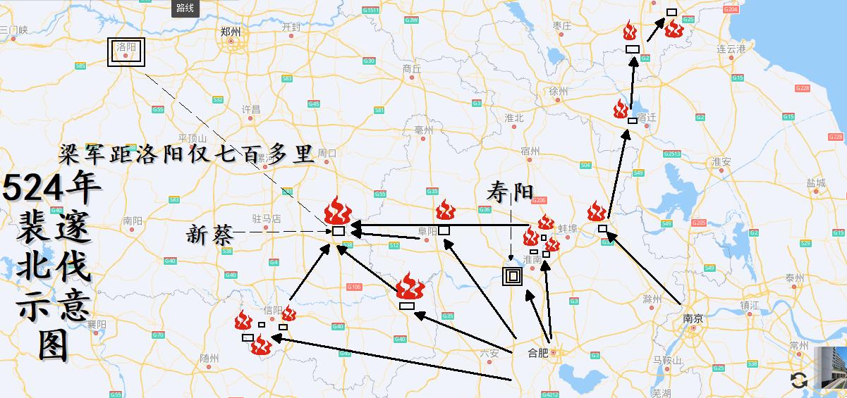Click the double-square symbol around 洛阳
pos(126,53)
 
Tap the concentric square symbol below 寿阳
pos(512,276)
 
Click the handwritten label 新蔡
pos(209,234)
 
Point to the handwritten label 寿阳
pos(511,191)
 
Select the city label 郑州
pos(230,32)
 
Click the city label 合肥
pos(538,352)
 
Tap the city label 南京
pos(693,318)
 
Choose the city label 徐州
pos(558,92)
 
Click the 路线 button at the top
pos(185,8)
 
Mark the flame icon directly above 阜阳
pos(444,210)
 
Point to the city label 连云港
pos(731,49)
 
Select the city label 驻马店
pos(267,219)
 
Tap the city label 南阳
pos(132,220)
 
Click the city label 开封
pos(291,27)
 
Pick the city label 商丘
pos(411,69)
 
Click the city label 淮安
pos(721,161)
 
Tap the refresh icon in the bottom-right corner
pos(798,380)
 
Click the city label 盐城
pos(815,183)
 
